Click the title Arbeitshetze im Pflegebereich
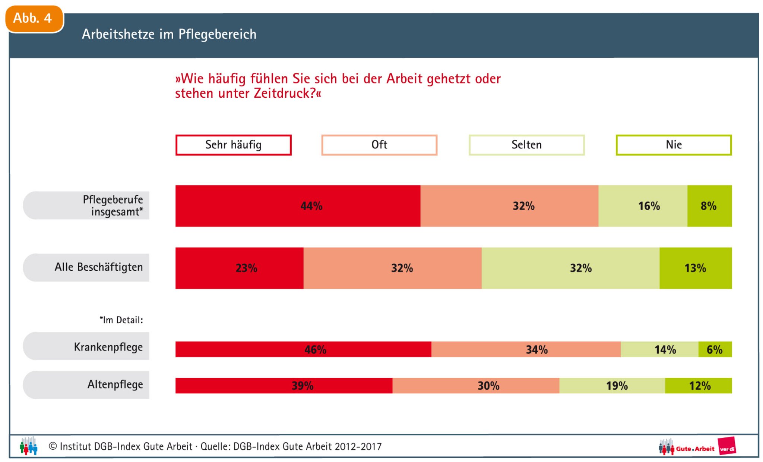[169, 34]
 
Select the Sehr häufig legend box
[233, 145]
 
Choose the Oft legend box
[379, 145]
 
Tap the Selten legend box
[526, 145]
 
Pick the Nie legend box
[674, 145]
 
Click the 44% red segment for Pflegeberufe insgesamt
[298, 206]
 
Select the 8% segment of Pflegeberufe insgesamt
[709, 206]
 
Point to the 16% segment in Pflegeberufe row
[643, 206]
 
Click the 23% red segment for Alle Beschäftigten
[240, 268]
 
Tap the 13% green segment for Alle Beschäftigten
[696, 268]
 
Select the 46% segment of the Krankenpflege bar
[303, 349]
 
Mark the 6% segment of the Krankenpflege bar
[715, 349]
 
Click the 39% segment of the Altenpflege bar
[284, 386]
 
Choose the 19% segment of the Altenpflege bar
[612, 386]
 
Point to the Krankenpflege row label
[108, 347]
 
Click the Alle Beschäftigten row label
[99, 267]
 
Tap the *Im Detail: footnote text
[121, 320]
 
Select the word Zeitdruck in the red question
[285, 93]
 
